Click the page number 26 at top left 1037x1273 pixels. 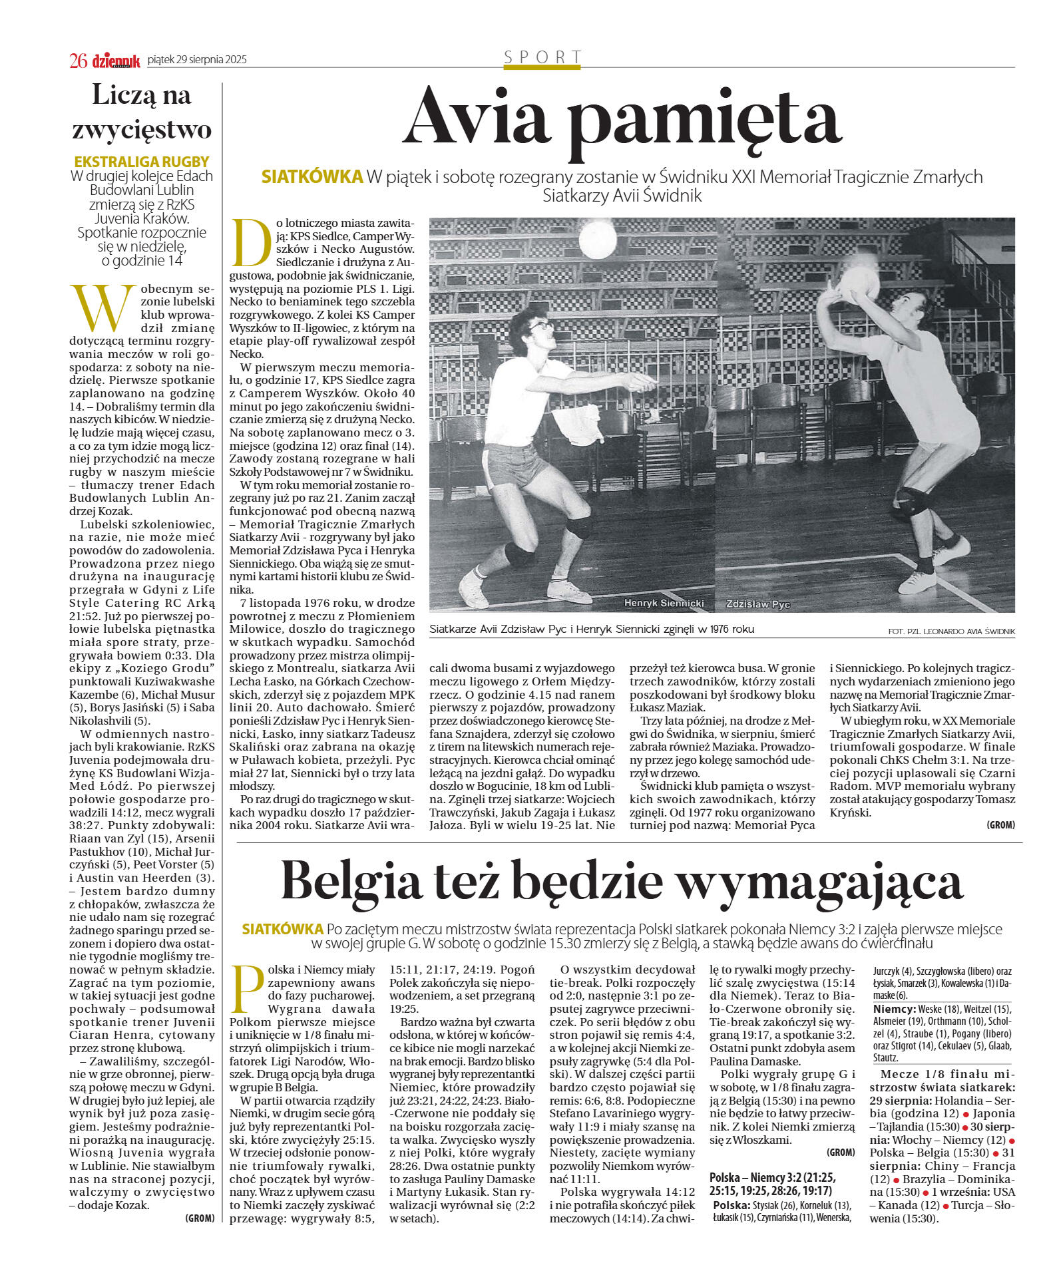(78, 60)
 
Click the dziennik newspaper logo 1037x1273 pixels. (116, 61)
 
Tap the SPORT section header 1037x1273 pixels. (542, 57)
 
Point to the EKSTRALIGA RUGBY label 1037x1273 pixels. (142, 162)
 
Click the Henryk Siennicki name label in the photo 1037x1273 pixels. (664, 602)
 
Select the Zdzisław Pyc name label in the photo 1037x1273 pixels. (757, 604)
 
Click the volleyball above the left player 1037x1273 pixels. (597, 240)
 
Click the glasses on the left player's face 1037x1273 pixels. (540, 325)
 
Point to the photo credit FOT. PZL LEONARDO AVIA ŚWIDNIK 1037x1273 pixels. (951, 630)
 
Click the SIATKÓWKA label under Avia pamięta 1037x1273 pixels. (312, 177)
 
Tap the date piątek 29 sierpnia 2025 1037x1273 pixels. (196, 60)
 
